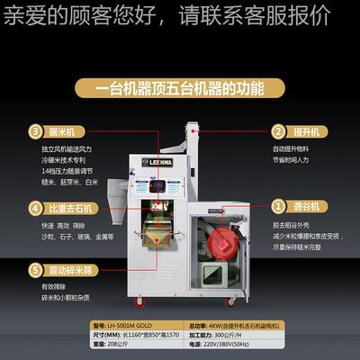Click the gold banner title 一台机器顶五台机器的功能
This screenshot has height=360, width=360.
tap(180, 88)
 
